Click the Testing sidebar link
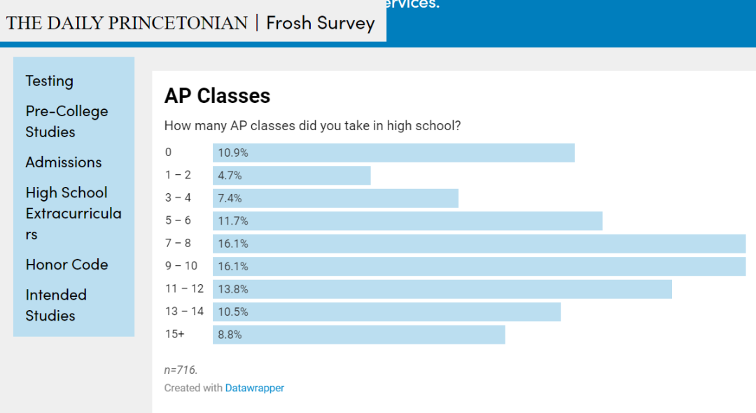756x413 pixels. point(49,81)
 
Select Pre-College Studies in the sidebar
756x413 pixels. point(66,121)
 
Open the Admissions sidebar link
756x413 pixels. point(64,162)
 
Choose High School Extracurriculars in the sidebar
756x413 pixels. point(73,213)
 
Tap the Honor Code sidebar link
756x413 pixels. point(66,265)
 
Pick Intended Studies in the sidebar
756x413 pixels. point(56,305)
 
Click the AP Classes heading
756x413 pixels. point(217,96)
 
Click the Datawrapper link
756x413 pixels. point(255,388)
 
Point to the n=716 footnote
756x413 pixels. point(181,370)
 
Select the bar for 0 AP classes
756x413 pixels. point(393,153)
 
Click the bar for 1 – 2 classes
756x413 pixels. point(291,176)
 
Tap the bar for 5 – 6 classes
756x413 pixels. point(407,221)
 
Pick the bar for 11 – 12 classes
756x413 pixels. point(442,289)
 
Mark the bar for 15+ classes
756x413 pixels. point(358,335)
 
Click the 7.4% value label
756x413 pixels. point(230,199)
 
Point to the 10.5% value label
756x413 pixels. point(233,312)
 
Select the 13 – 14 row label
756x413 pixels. point(184,311)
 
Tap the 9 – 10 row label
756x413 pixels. point(181,266)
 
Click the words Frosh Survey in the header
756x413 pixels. point(321,23)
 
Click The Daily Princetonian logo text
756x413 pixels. point(127,23)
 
